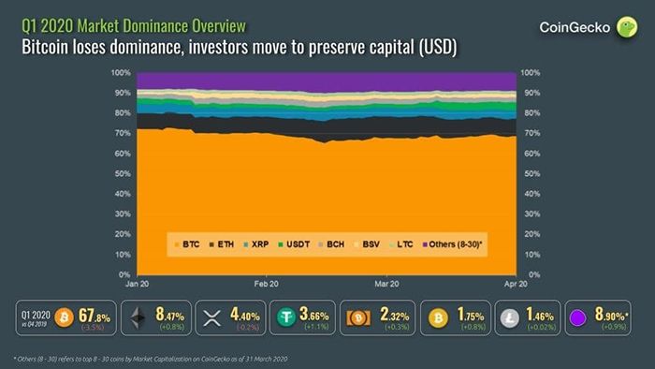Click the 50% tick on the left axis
(121, 173)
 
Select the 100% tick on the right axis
(530, 72)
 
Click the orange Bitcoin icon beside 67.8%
(65, 318)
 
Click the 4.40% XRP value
(245, 317)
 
